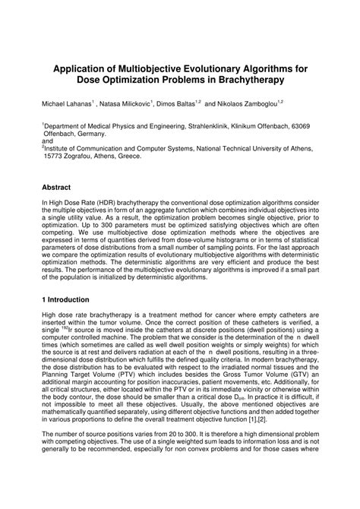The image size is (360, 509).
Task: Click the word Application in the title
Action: point(84,69)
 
